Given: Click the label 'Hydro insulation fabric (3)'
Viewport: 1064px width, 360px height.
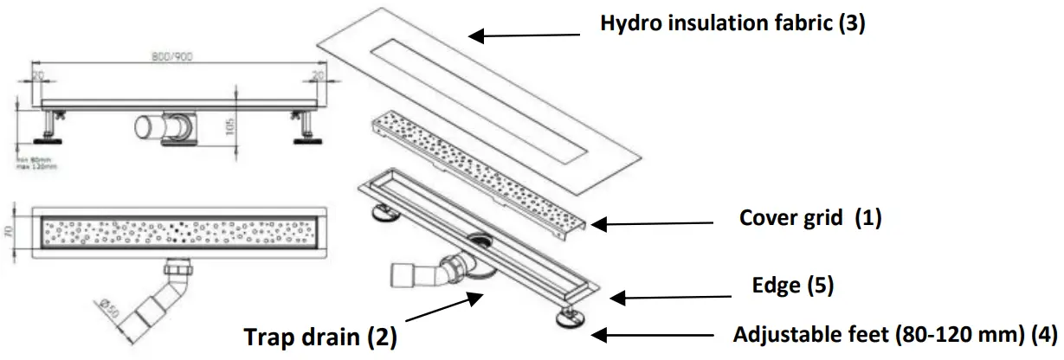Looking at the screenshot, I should coord(732,22).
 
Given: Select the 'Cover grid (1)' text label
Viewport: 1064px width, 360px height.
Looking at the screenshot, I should coord(809,218).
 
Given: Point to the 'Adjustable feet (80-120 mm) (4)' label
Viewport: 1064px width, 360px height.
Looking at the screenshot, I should coord(895,334).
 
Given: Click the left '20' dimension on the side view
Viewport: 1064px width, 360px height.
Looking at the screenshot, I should coord(38,75).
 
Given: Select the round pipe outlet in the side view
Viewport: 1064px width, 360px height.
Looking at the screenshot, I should coord(146,130).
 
